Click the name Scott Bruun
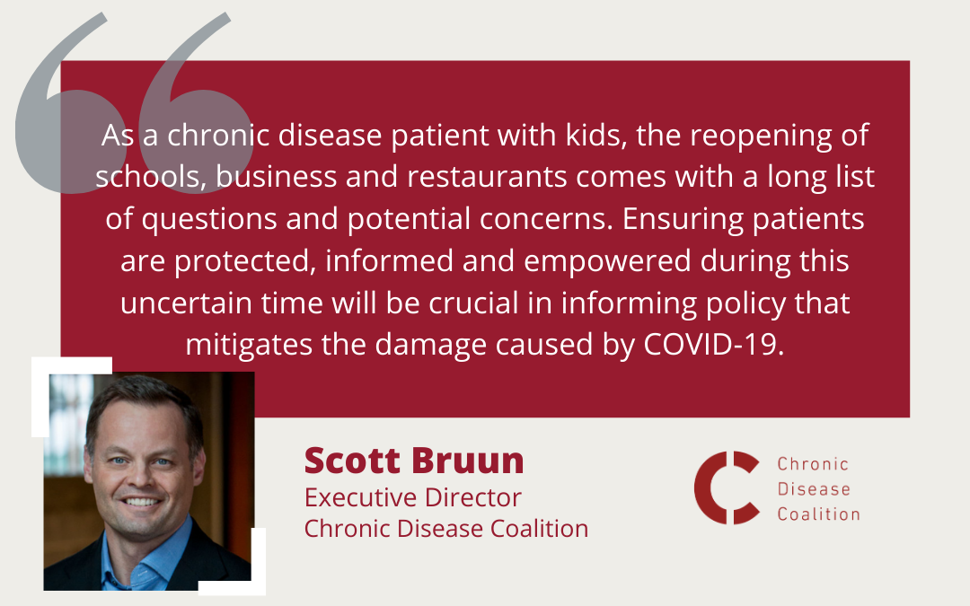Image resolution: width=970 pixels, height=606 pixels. pos(414,461)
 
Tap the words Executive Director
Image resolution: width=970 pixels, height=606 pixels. pos(412,497)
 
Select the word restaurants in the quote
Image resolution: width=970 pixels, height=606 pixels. pos(487,177)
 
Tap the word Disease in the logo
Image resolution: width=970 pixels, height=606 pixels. pos(814,489)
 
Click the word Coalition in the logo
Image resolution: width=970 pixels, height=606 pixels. pos(818,514)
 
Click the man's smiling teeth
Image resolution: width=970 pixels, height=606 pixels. pos(142,502)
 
